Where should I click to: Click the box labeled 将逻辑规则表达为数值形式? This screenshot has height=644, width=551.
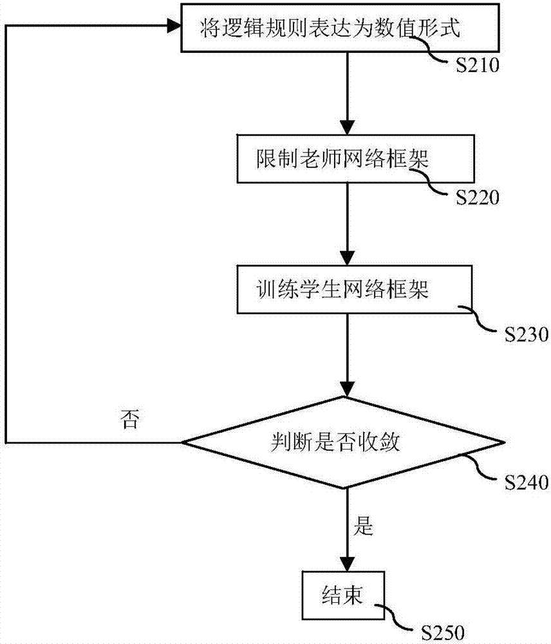(x=328, y=28)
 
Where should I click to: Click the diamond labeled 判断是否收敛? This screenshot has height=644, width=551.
(x=342, y=442)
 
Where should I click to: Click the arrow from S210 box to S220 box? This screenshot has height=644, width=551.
(x=347, y=93)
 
